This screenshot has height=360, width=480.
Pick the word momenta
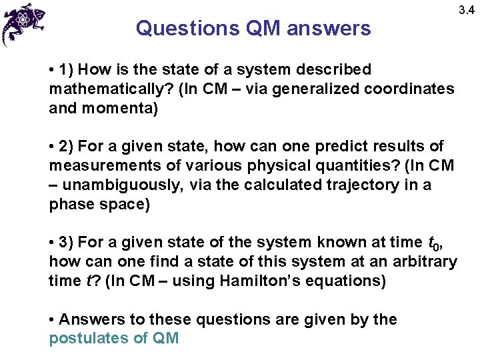click(x=123, y=108)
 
